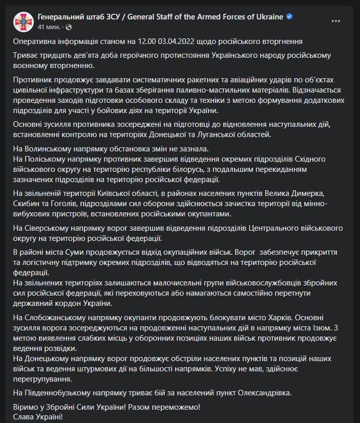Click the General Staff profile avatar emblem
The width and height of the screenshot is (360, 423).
click(x=22, y=21)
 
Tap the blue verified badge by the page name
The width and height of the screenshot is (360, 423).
click(x=289, y=17)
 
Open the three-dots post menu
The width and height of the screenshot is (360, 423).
click(x=336, y=21)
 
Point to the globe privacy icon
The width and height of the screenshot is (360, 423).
click(x=69, y=27)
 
